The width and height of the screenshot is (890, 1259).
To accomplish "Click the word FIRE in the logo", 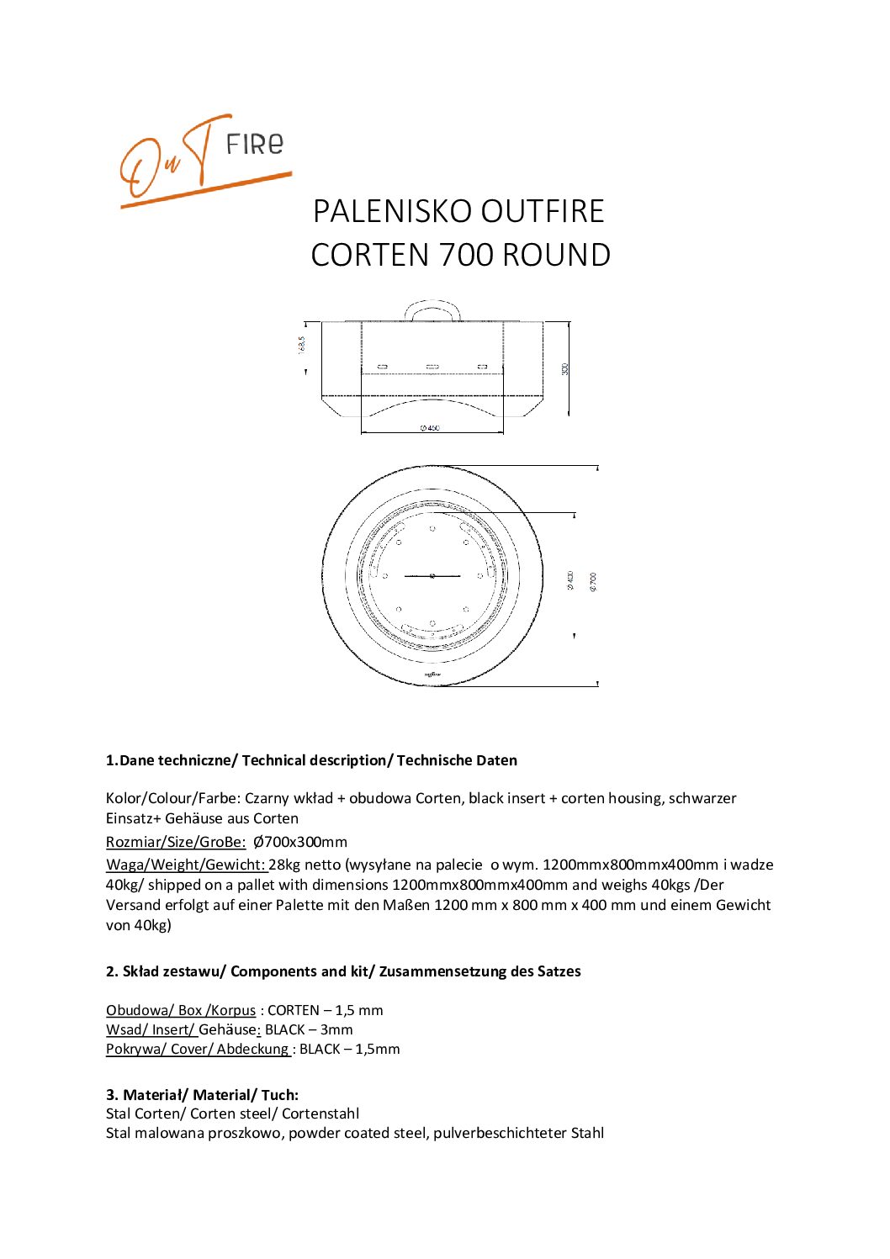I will point(255,145).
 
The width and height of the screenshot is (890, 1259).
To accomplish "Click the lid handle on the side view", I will point(433,308).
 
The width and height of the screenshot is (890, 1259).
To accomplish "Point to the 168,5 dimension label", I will point(302,346).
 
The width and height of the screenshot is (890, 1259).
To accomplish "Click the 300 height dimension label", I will point(565,368).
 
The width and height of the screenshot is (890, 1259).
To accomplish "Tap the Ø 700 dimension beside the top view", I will point(594,580).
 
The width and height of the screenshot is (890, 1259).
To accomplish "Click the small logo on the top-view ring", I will point(432,674).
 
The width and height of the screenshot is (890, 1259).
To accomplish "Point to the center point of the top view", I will point(432,575).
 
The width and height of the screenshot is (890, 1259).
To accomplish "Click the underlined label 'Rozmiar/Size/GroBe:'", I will point(176,842).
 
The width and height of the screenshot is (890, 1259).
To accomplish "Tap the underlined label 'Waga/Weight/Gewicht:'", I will point(186,865).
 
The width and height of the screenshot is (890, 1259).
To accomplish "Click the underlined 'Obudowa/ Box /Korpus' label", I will point(181,1010).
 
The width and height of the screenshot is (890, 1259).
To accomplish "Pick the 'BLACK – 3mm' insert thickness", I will point(309,1029).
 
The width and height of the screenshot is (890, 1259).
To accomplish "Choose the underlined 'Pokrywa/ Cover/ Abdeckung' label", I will point(198,1049).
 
